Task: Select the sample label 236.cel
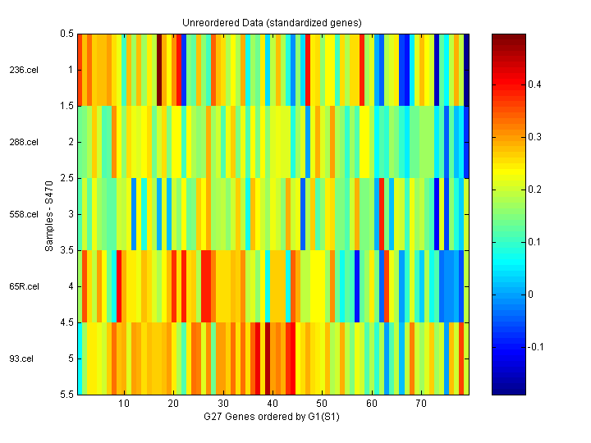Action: (24, 70)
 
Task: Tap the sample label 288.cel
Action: (24, 142)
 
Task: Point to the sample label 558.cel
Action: (24, 214)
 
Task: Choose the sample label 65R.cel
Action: (24, 286)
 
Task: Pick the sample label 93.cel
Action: (22, 359)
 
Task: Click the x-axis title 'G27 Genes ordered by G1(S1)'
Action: (272, 418)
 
